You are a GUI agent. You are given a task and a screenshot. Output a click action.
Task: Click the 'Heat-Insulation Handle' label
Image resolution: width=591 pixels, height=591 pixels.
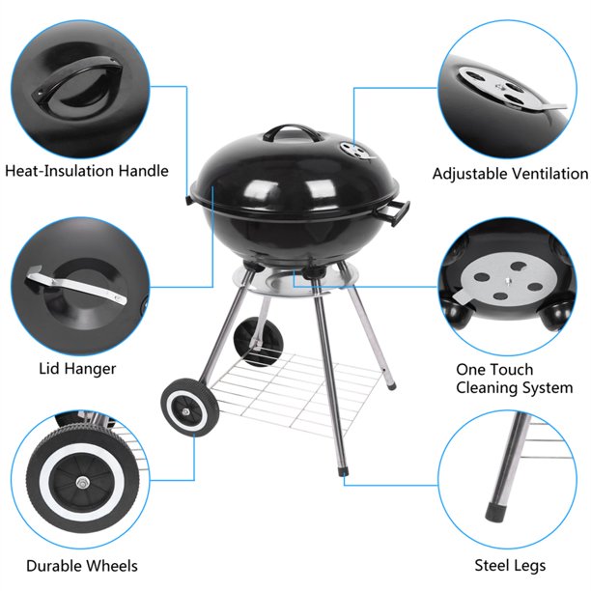[x=87, y=171]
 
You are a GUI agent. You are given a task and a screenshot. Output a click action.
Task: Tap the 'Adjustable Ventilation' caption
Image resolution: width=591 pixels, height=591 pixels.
[x=510, y=174]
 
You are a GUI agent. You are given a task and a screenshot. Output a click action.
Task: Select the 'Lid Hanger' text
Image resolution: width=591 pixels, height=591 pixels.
[x=77, y=368]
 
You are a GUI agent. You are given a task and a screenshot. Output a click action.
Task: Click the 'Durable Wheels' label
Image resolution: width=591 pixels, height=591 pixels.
[x=81, y=566]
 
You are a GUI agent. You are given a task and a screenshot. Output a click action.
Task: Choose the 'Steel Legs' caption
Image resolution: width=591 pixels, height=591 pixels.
[x=510, y=566]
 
